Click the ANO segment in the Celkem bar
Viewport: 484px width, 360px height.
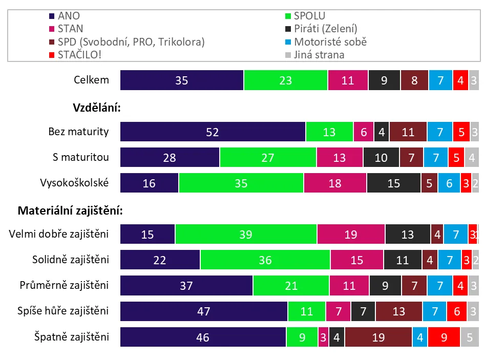[182, 80]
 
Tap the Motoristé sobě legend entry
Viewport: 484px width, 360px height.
[330, 42]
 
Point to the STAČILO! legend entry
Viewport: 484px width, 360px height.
[79, 55]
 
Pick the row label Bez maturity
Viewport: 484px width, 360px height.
[79, 132]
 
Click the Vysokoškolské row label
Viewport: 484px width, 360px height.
[74, 183]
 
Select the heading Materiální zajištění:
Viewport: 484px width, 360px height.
[72, 210]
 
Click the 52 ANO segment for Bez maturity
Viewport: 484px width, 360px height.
[213, 132]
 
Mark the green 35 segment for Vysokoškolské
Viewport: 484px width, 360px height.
[241, 183]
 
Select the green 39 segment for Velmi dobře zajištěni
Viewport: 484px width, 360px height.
[246, 235]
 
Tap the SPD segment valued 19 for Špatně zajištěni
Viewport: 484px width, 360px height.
[378, 337]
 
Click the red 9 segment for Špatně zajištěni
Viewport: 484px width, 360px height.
[444, 337]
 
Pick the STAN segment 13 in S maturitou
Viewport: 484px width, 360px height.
[340, 158]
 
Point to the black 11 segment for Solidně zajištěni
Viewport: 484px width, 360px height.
[403, 260]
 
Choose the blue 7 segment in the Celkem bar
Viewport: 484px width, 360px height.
[440, 80]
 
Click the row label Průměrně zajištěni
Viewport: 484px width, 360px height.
[65, 286]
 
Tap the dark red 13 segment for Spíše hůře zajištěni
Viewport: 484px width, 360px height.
[398, 311]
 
